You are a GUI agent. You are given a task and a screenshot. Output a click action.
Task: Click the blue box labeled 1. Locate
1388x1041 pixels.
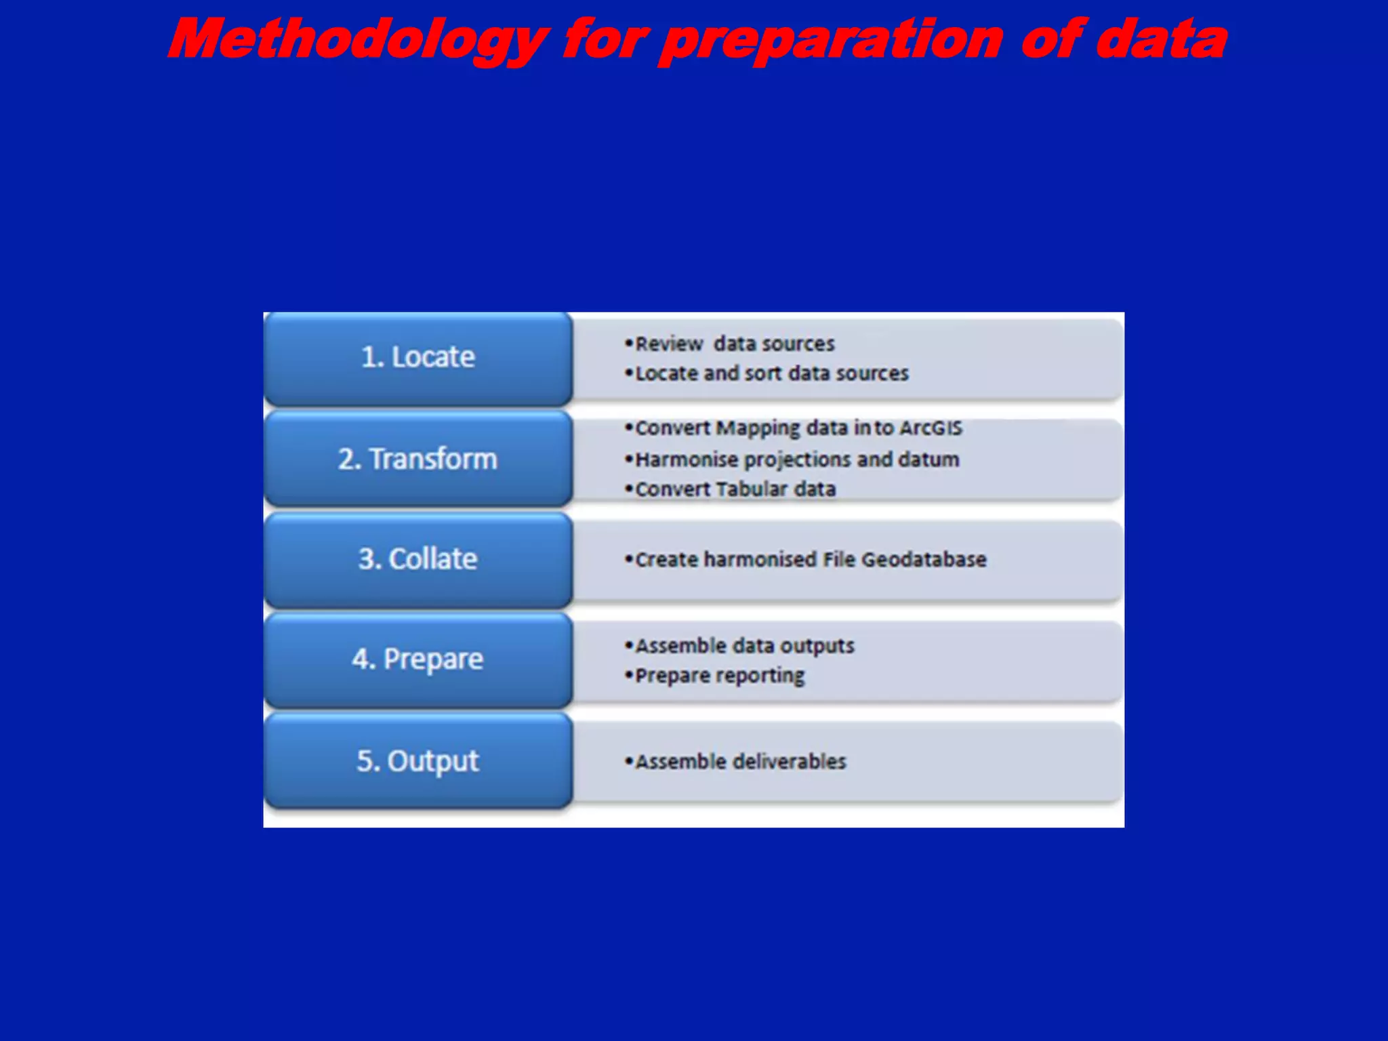point(417,358)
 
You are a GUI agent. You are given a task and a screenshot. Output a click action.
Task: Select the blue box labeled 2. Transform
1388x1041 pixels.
point(417,459)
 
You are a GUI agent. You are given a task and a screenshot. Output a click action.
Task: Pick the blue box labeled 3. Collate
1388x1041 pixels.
point(417,559)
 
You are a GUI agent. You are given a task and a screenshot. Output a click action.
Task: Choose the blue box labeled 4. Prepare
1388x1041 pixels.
point(417,659)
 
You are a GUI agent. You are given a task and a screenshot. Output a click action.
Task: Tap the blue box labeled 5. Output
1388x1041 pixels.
point(417,760)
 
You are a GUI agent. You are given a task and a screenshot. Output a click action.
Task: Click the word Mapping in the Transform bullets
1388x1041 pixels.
point(758,428)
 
